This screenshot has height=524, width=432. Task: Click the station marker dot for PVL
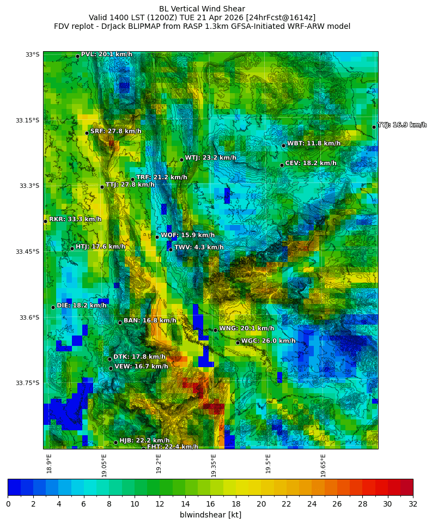pos(77,56)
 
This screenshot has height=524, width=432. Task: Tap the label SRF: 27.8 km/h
pos(115,131)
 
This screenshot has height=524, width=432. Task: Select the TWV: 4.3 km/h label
pos(199,247)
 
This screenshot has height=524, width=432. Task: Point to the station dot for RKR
pos(45,221)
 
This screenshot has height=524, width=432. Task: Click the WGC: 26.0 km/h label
pos(268,341)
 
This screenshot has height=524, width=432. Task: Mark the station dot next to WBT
pos(283,145)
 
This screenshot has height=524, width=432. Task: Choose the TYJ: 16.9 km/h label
pos(401,125)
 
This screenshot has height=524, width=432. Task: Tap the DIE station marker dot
pos(53,307)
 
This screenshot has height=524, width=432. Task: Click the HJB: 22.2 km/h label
pos(144,441)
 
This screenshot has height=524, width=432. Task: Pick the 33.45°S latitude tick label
pos(29,252)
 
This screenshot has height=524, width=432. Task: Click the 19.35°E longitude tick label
pos(214,466)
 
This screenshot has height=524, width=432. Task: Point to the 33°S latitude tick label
pos(32,54)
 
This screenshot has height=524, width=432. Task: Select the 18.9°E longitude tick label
pos(49,464)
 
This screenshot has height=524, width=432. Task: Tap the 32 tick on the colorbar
pos(413,504)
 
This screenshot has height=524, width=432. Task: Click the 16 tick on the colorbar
pos(210,504)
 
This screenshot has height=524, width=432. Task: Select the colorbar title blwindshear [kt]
pos(210,515)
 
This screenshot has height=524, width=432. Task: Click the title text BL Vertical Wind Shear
pos(202,9)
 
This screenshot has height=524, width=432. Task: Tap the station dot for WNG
pos(215,330)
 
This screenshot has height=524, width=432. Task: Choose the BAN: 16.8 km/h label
pos(150,321)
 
